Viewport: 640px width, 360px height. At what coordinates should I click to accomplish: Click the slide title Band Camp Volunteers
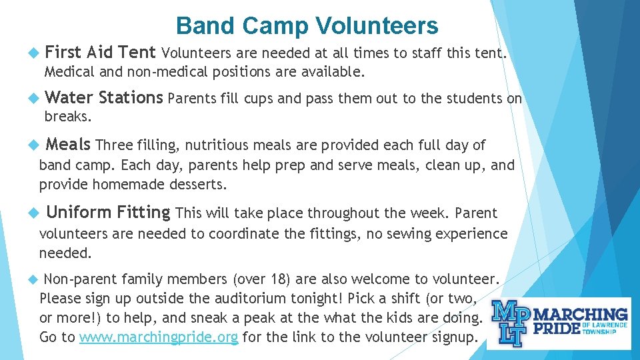pyautogui.click(x=307, y=25)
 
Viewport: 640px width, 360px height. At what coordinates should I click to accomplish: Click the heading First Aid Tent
pyautogui.click(x=101, y=51)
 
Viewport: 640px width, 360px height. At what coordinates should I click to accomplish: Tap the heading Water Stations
pyautogui.click(x=103, y=98)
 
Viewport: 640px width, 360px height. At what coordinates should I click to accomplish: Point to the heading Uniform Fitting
pyautogui.click(x=108, y=213)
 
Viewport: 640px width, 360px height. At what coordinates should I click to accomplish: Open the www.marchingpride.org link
pyautogui.click(x=159, y=337)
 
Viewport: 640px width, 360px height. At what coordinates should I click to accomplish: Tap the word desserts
pyautogui.click(x=199, y=184)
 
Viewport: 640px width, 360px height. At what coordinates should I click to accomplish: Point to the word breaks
pyautogui.click(x=67, y=116)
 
